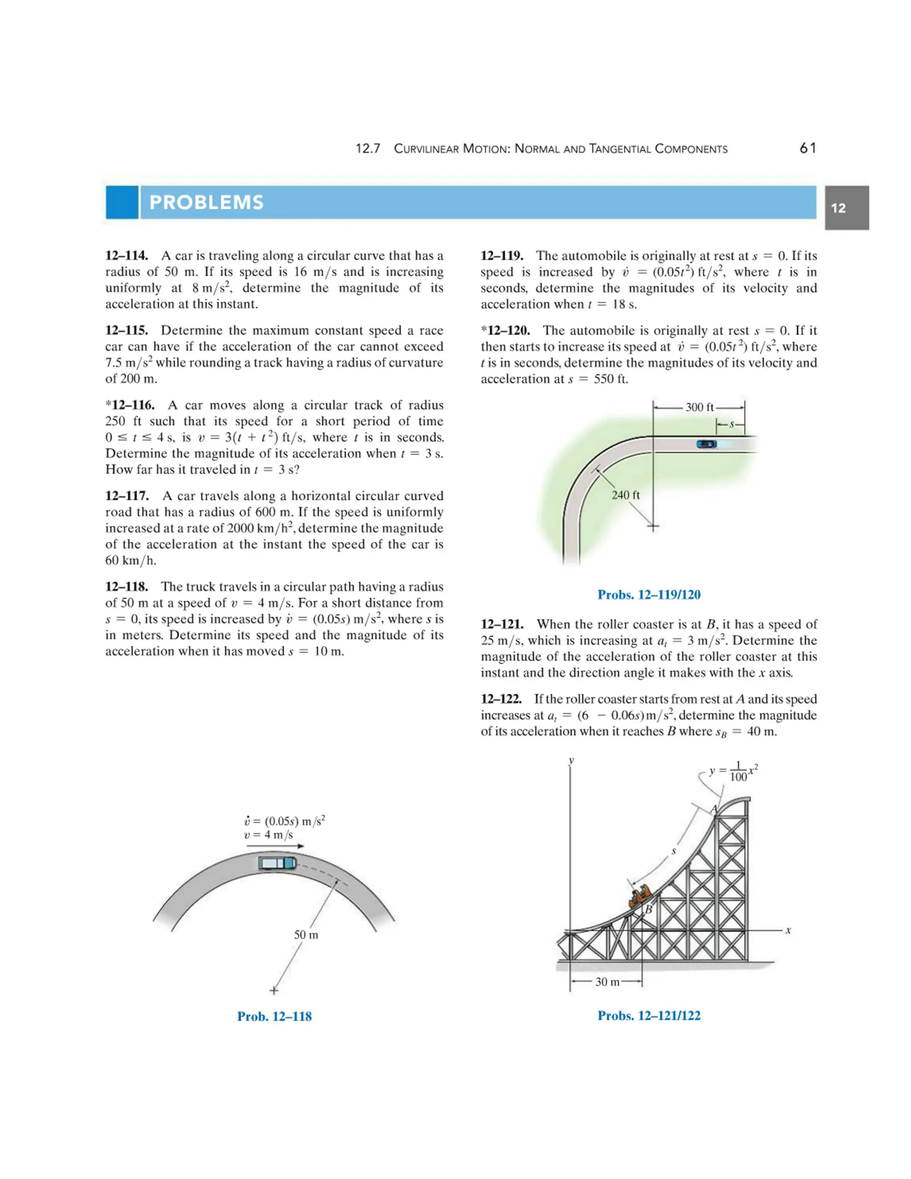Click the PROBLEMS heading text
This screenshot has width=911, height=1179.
tap(206, 202)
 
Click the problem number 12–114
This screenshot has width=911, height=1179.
tap(127, 256)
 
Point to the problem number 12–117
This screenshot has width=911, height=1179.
tap(127, 496)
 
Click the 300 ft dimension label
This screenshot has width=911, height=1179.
tap(699, 408)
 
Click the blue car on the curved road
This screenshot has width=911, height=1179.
tap(706, 444)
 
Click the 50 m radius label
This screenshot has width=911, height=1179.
tap(306, 934)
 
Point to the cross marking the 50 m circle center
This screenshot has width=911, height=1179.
tap(274, 991)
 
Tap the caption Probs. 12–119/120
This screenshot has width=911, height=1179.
tap(649, 595)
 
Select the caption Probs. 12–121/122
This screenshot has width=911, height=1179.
tap(649, 1015)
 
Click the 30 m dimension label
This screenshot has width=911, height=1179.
tap(607, 982)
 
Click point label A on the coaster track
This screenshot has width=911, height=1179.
tap(713, 809)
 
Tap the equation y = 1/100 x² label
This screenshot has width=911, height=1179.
tap(733, 772)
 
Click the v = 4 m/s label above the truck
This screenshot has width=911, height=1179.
tap(268, 835)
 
